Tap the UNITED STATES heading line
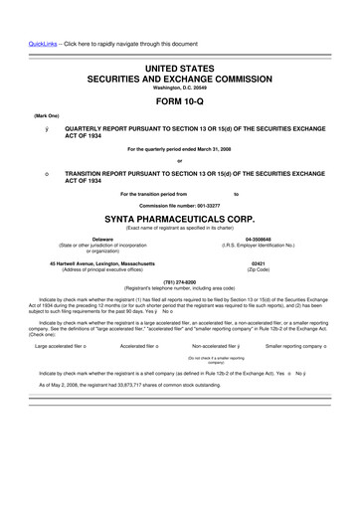click(180, 66)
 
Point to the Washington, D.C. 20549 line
click(180, 86)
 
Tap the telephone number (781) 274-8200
click(180, 280)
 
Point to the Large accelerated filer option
click(62, 346)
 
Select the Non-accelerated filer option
click(211, 346)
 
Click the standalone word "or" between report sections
click(180, 161)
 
